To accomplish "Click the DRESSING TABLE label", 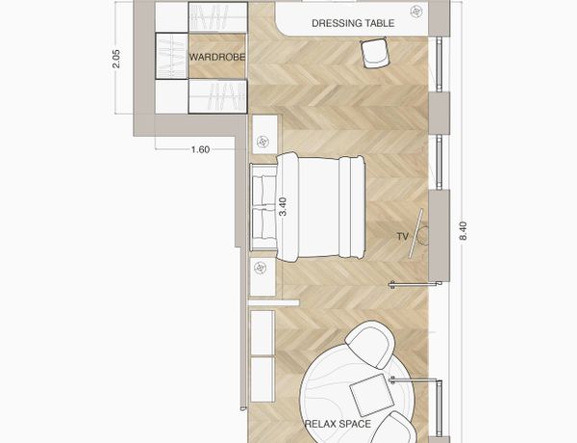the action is [353, 23].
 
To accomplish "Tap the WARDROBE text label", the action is [217, 57].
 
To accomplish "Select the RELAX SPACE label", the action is [338, 424].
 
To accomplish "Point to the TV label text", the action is [403, 236].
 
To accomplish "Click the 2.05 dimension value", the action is [116, 58].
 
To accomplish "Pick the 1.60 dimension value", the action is [201, 149].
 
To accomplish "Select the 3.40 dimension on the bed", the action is [283, 207].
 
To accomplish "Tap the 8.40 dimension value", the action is [464, 231].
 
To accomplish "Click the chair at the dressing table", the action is [375, 53].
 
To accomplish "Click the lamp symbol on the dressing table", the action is [416, 12].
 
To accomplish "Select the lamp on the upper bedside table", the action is [263, 142].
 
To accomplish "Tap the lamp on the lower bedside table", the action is [261, 268].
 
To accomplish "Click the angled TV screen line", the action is [415, 233].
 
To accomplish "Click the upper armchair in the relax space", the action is [370, 345].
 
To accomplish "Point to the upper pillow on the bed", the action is [264, 190].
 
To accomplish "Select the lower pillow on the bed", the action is [264, 223].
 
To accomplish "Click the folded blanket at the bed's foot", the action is [352, 206].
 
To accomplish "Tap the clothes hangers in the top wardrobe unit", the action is [217, 17].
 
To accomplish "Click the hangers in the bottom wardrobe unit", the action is [217, 96].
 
